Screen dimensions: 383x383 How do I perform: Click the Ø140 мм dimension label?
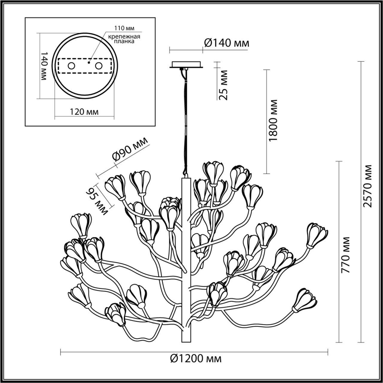[226, 43]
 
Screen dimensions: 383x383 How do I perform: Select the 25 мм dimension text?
[224, 85]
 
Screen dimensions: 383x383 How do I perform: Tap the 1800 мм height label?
[273, 120]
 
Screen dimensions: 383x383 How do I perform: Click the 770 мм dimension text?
[346, 255]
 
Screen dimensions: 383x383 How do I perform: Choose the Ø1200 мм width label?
[195, 359]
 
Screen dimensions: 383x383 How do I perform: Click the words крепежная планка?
[123, 39]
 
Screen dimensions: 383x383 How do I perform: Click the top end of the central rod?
[186, 178]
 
